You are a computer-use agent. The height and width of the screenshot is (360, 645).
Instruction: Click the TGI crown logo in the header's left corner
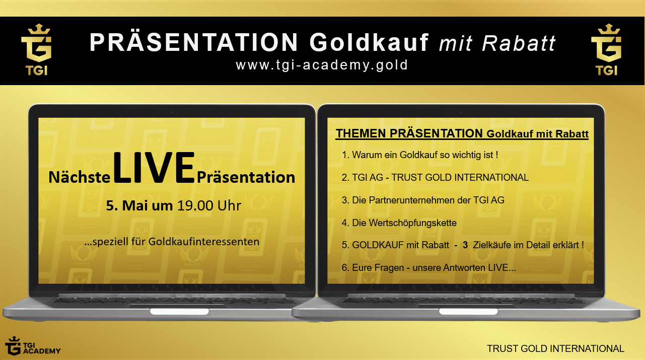click(x=37, y=49)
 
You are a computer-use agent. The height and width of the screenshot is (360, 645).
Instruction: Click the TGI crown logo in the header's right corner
click(x=607, y=49)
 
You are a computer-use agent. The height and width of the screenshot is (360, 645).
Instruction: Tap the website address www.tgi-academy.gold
click(x=322, y=65)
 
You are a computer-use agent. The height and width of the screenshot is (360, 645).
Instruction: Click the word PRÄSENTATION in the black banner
click(x=193, y=42)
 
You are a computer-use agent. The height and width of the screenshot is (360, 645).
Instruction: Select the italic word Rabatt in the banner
click(x=519, y=43)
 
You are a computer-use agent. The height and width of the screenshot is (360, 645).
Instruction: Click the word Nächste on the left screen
click(x=80, y=177)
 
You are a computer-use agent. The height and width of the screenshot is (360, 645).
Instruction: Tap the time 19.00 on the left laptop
click(x=195, y=205)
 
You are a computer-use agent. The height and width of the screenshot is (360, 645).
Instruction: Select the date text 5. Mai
click(x=125, y=205)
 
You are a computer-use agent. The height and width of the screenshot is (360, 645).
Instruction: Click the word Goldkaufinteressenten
click(x=204, y=241)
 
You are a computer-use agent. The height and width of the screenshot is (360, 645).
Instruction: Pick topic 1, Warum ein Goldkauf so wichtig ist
click(x=420, y=155)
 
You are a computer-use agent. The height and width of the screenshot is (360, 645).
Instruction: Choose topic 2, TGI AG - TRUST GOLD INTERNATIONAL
click(x=435, y=177)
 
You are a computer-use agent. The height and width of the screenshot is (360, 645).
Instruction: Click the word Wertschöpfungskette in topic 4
click(x=412, y=223)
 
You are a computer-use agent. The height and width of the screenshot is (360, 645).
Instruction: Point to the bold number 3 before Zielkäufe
click(x=465, y=245)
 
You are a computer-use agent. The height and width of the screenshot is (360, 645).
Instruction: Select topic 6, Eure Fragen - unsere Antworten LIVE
click(x=429, y=267)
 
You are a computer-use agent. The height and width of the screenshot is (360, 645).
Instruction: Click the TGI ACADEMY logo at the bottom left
click(x=33, y=346)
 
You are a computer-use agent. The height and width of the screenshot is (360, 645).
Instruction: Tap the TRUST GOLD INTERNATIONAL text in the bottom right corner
click(x=555, y=348)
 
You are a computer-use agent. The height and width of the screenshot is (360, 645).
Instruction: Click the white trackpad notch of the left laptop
click(x=179, y=312)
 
